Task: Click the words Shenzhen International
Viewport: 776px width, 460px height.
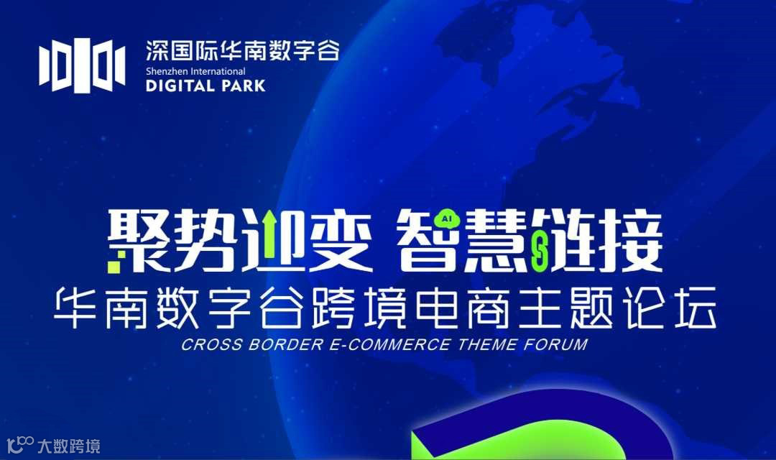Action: coord(195,71)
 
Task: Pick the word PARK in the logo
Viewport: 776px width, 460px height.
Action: coord(244,86)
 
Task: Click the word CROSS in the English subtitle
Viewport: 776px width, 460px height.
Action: coord(205,344)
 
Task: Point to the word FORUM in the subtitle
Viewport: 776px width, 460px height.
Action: coord(555,344)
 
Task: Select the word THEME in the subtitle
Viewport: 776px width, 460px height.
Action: coord(486,344)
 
